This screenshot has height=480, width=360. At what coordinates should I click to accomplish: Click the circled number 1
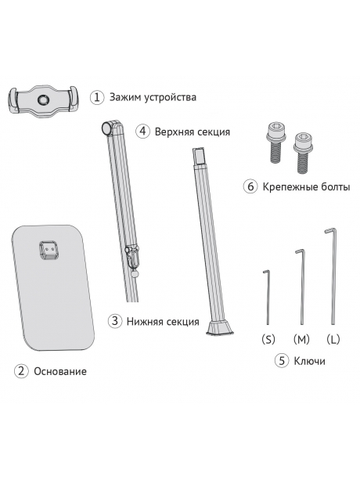tap(97, 98)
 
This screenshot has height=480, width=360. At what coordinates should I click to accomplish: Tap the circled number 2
tap(21, 370)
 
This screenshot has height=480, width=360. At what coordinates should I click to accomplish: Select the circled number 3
tap(115, 321)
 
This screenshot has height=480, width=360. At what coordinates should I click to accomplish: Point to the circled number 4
tap(142, 132)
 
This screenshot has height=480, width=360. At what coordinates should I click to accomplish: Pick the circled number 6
tap(250, 187)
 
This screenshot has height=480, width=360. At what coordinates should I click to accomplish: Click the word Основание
tap(60, 371)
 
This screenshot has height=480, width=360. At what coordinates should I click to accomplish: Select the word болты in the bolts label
tap(332, 188)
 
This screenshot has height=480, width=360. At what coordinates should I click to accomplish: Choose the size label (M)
tap(301, 340)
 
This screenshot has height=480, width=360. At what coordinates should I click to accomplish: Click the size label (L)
tap(333, 340)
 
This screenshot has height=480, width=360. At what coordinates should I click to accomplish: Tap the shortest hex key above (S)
tap(267, 298)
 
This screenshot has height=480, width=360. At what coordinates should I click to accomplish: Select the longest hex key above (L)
tap(332, 274)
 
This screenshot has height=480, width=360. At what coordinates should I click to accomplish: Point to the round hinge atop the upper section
tap(106, 127)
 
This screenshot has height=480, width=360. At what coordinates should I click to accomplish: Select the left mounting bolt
tap(275, 141)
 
